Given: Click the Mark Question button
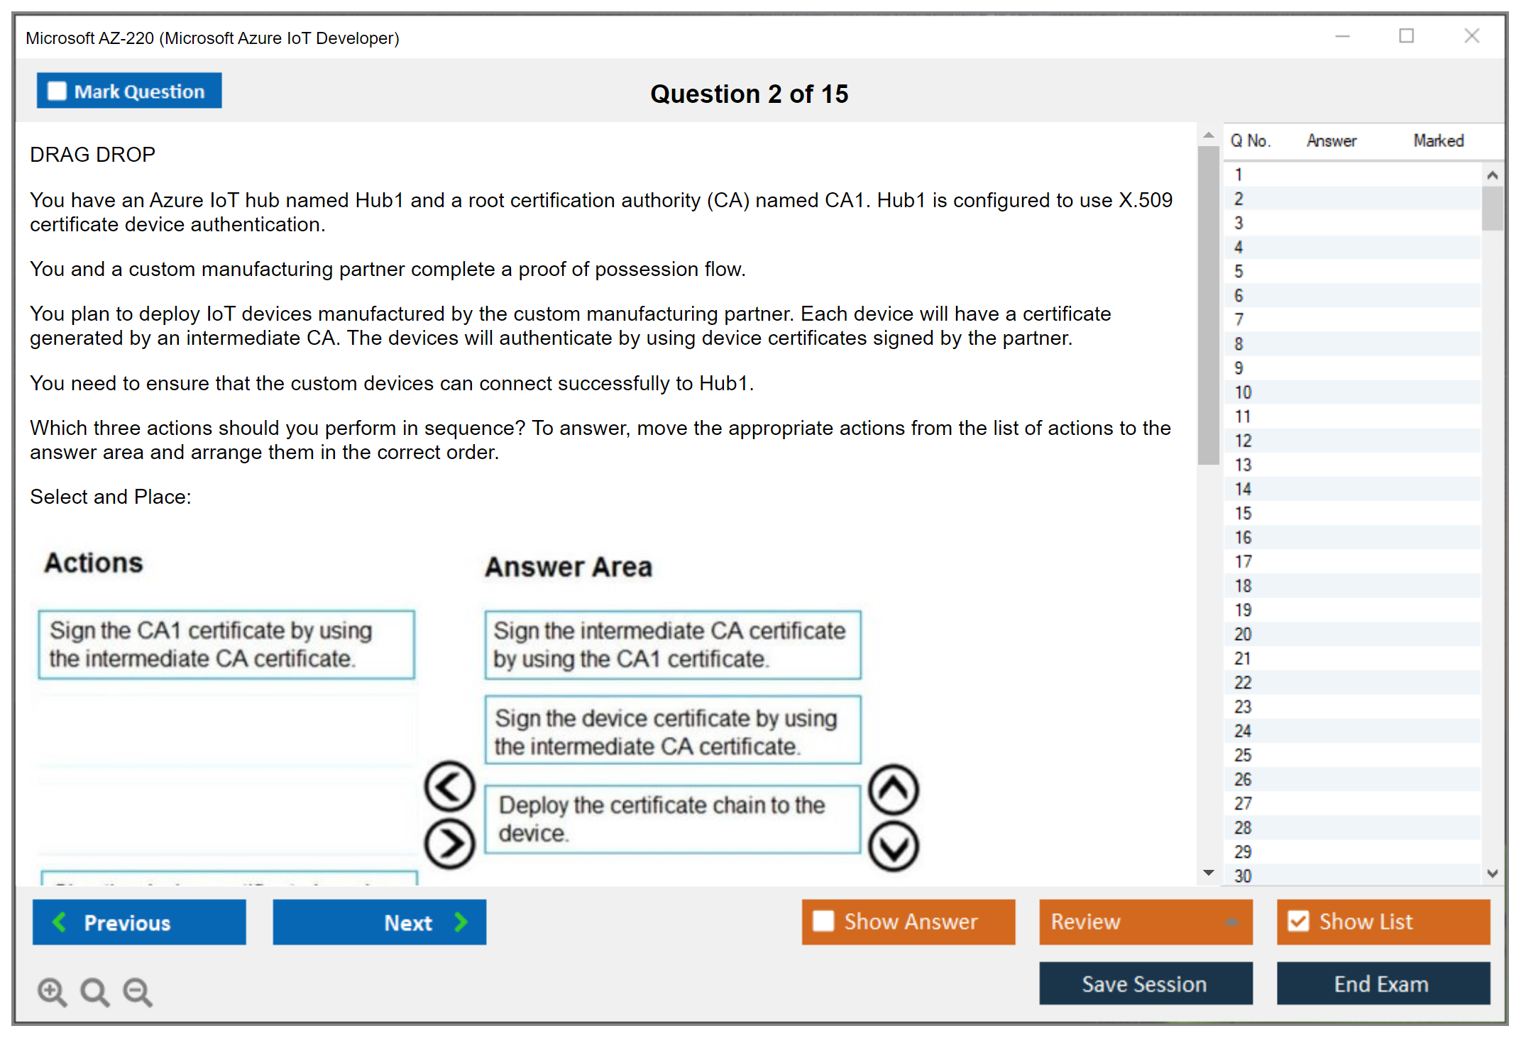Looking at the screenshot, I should (x=129, y=91).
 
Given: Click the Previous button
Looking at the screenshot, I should (x=139, y=922).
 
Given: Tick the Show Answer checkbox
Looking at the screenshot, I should (x=823, y=921).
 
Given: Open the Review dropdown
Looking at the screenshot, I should (x=1145, y=922).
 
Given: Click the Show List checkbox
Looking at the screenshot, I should (x=1298, y=921).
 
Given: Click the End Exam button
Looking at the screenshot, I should (x=1382, y=983).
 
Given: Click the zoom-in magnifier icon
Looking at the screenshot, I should (x=52, y=991).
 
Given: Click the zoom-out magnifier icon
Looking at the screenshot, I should (x=138, y=991).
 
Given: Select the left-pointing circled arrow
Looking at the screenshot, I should (x=449, y=786).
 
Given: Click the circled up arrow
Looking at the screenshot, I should (x=894, y=789).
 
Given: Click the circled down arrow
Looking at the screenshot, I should (x=894, y=846).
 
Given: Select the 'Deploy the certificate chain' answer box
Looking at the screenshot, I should (x=672, y=819).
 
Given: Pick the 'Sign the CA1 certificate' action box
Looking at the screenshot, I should (x=226, y=644).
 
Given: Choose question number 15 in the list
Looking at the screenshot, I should (x=1243, y=513).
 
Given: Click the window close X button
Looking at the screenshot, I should (x=1471, y=36).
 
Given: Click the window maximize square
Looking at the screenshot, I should (x=1406, y=36).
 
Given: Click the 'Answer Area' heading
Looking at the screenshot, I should (x=569, y=567).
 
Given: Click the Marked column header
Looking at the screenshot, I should (x=1438, y=140).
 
